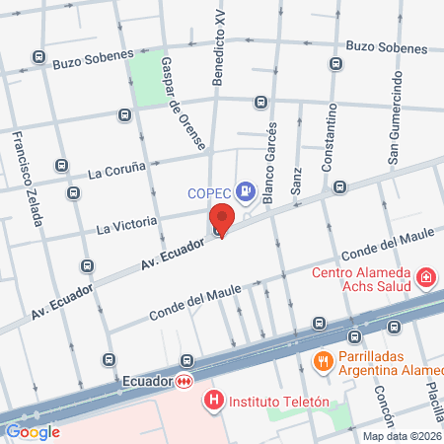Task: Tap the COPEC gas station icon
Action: (x=246, y=190)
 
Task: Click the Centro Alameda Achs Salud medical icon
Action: (x=425, y=278)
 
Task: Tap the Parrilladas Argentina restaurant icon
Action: (x=321, y=361)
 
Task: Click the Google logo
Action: (x=33, y=431)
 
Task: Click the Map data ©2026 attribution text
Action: (x=402, y=436)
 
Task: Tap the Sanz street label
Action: (x=295, y=180)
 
